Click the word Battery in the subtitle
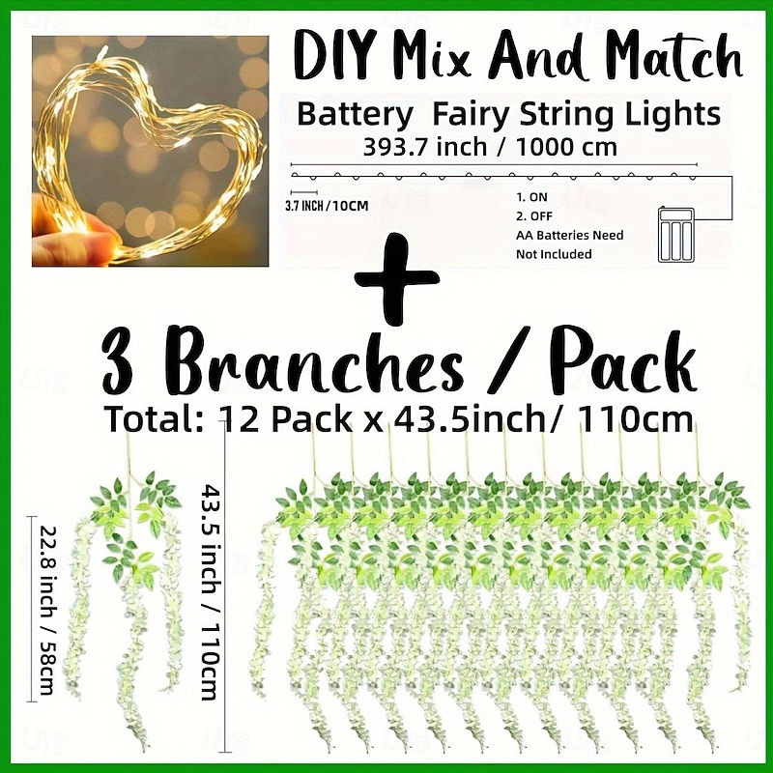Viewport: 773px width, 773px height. pos(355,116)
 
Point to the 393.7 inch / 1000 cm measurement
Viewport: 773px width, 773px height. pos(490,147)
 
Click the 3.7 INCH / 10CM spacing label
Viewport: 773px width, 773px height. pos(327,206)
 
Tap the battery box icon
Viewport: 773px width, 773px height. pos(675,235)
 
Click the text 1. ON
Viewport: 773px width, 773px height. pos(531,197)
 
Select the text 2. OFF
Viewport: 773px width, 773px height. pos(534,215)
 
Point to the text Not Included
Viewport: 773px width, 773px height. pos(554,254)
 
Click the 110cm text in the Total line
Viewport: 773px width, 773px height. pos(636,419)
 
